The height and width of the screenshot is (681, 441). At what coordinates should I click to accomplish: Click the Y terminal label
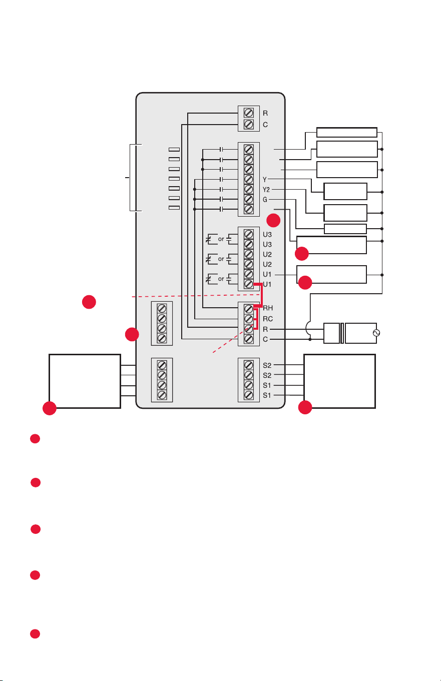click(265, 180)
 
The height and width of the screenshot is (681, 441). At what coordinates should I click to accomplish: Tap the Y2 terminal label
click(266, 190)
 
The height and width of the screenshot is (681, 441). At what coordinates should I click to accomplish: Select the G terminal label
click(265, 200)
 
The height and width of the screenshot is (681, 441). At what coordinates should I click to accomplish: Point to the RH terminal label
click(268, 308)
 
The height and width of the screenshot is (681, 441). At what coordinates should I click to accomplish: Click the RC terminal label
click(268, 319)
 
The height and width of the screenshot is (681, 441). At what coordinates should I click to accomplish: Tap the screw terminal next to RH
click(248, 309)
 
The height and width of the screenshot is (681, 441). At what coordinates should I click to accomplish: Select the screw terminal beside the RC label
click(248, 319)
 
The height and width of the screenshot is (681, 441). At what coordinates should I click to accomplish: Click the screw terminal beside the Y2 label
click(248, 189)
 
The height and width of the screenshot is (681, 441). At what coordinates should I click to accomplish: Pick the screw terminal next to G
click(248, 199)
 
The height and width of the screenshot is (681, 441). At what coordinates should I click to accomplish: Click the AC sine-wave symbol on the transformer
click(376, 333)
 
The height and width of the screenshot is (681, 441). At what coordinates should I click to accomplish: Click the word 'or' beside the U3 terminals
click(221, 239)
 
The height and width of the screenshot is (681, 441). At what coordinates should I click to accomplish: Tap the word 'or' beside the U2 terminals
click(221, 259)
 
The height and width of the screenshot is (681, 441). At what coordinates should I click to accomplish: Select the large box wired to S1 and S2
click(339, 381)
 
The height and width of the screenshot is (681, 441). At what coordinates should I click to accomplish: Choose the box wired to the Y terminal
click(345, 192)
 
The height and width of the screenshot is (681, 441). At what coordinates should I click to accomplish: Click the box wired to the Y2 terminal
click(345, 213)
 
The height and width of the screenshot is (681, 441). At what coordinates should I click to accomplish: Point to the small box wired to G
click(345, 229)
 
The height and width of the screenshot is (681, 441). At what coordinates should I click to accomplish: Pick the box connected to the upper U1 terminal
click(331, 275)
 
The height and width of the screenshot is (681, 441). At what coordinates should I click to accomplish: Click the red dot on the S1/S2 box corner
click(305, 407)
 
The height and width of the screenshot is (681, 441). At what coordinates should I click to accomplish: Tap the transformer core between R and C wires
click(342, 333)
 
